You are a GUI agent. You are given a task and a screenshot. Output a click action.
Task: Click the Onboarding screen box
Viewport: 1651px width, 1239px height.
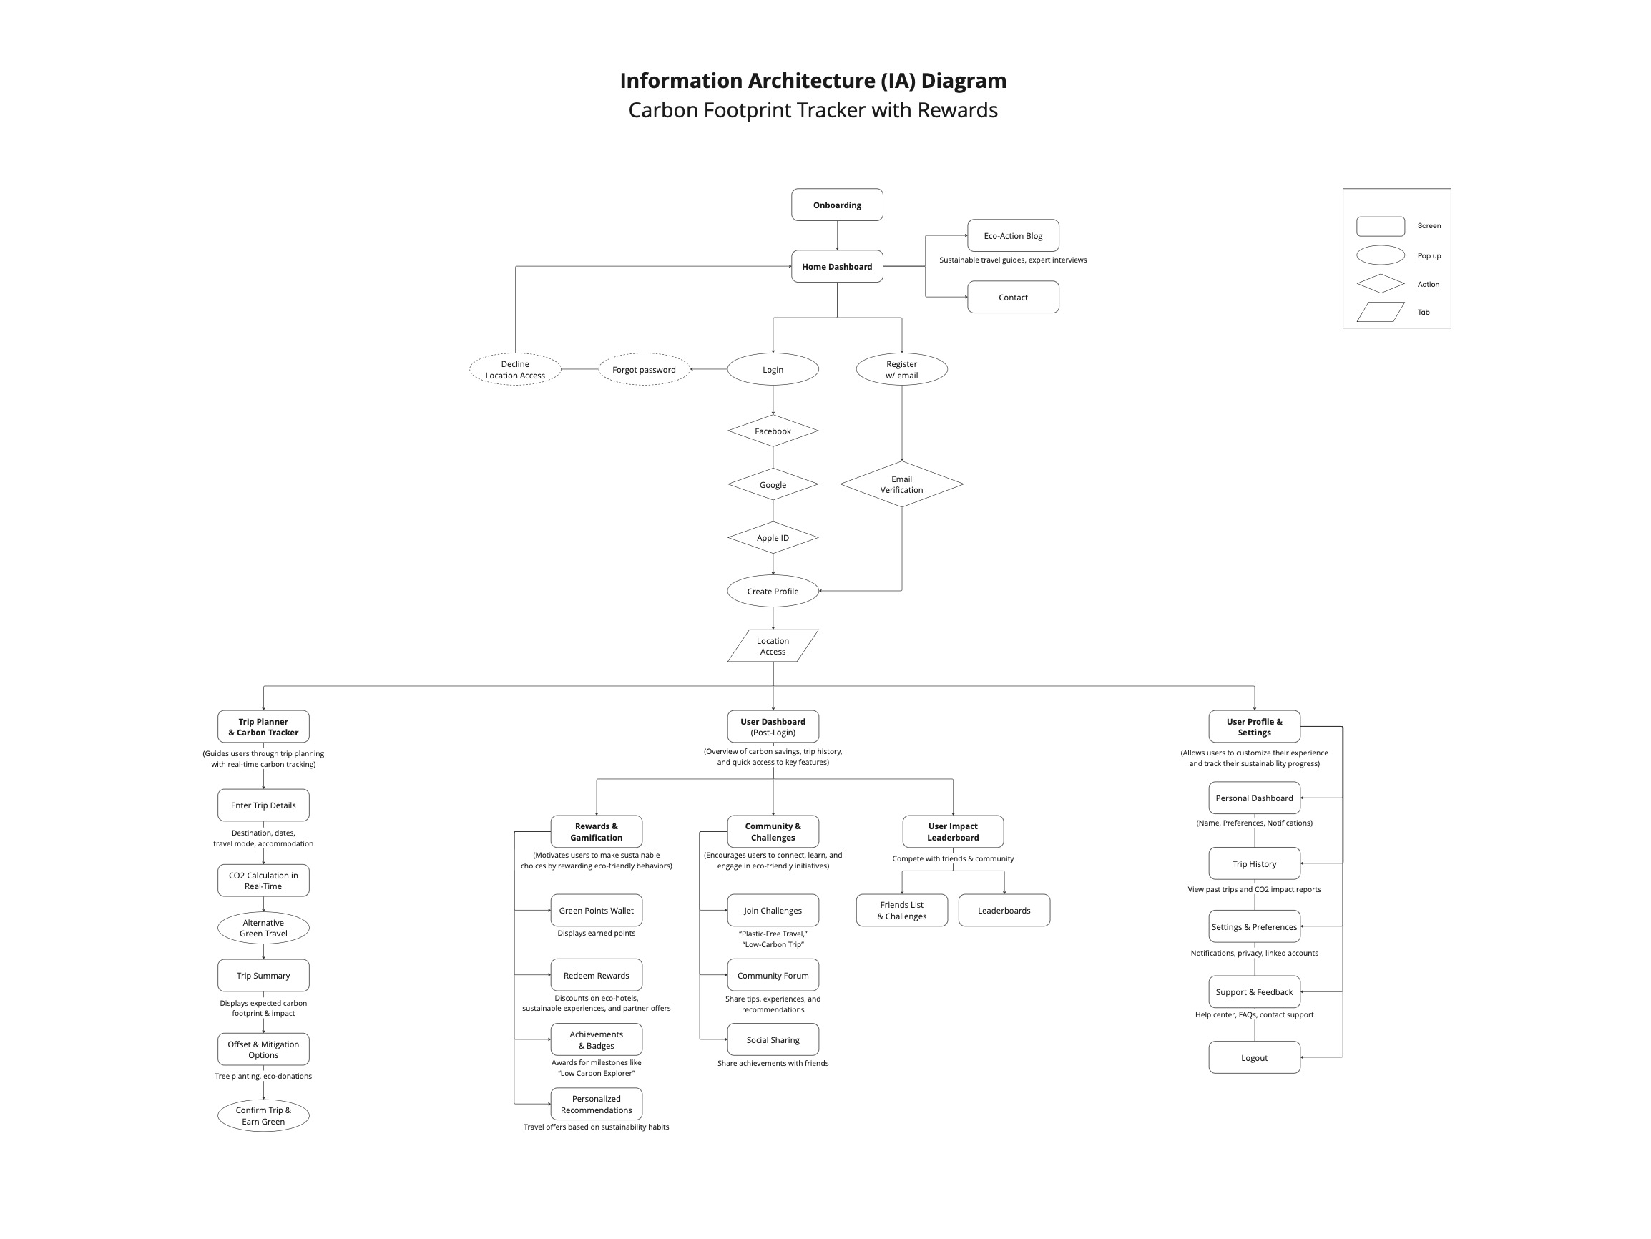837,205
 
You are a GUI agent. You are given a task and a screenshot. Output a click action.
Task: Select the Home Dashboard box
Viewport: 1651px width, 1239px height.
837,266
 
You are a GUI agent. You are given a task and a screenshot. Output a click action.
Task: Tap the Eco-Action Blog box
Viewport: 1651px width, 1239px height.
1013,236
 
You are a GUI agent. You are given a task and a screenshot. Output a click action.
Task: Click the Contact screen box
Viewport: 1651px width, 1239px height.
1013,297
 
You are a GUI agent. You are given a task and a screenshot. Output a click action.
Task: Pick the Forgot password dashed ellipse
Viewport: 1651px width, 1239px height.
643,369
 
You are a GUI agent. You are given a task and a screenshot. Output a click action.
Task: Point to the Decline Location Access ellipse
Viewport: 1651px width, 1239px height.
515,369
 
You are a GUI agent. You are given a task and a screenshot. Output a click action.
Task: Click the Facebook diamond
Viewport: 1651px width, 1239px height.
773,431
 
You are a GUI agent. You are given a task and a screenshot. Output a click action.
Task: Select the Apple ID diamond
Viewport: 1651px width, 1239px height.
773,538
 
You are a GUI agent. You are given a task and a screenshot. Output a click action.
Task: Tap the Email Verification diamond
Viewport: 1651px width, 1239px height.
901,484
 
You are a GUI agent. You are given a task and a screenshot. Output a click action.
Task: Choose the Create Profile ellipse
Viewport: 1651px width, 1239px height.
773,591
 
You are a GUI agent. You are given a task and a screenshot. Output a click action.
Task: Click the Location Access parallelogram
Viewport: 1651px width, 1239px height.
773,646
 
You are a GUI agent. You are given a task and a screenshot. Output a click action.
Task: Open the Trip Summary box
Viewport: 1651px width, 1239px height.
263,976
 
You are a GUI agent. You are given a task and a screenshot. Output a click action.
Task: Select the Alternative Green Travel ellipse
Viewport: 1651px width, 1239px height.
263,928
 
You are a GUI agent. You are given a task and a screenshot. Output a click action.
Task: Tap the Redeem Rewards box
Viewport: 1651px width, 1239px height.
597,976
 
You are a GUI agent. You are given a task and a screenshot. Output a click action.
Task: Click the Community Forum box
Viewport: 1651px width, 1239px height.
773,976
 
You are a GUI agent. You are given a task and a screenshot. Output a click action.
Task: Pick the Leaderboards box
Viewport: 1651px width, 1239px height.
1004,911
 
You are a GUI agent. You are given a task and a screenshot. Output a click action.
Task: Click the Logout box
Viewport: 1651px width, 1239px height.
1254,1057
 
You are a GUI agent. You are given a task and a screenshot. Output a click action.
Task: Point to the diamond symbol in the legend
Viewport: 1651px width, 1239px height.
1380,283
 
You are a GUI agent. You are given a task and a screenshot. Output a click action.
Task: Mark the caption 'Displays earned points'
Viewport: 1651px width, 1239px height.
597,933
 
